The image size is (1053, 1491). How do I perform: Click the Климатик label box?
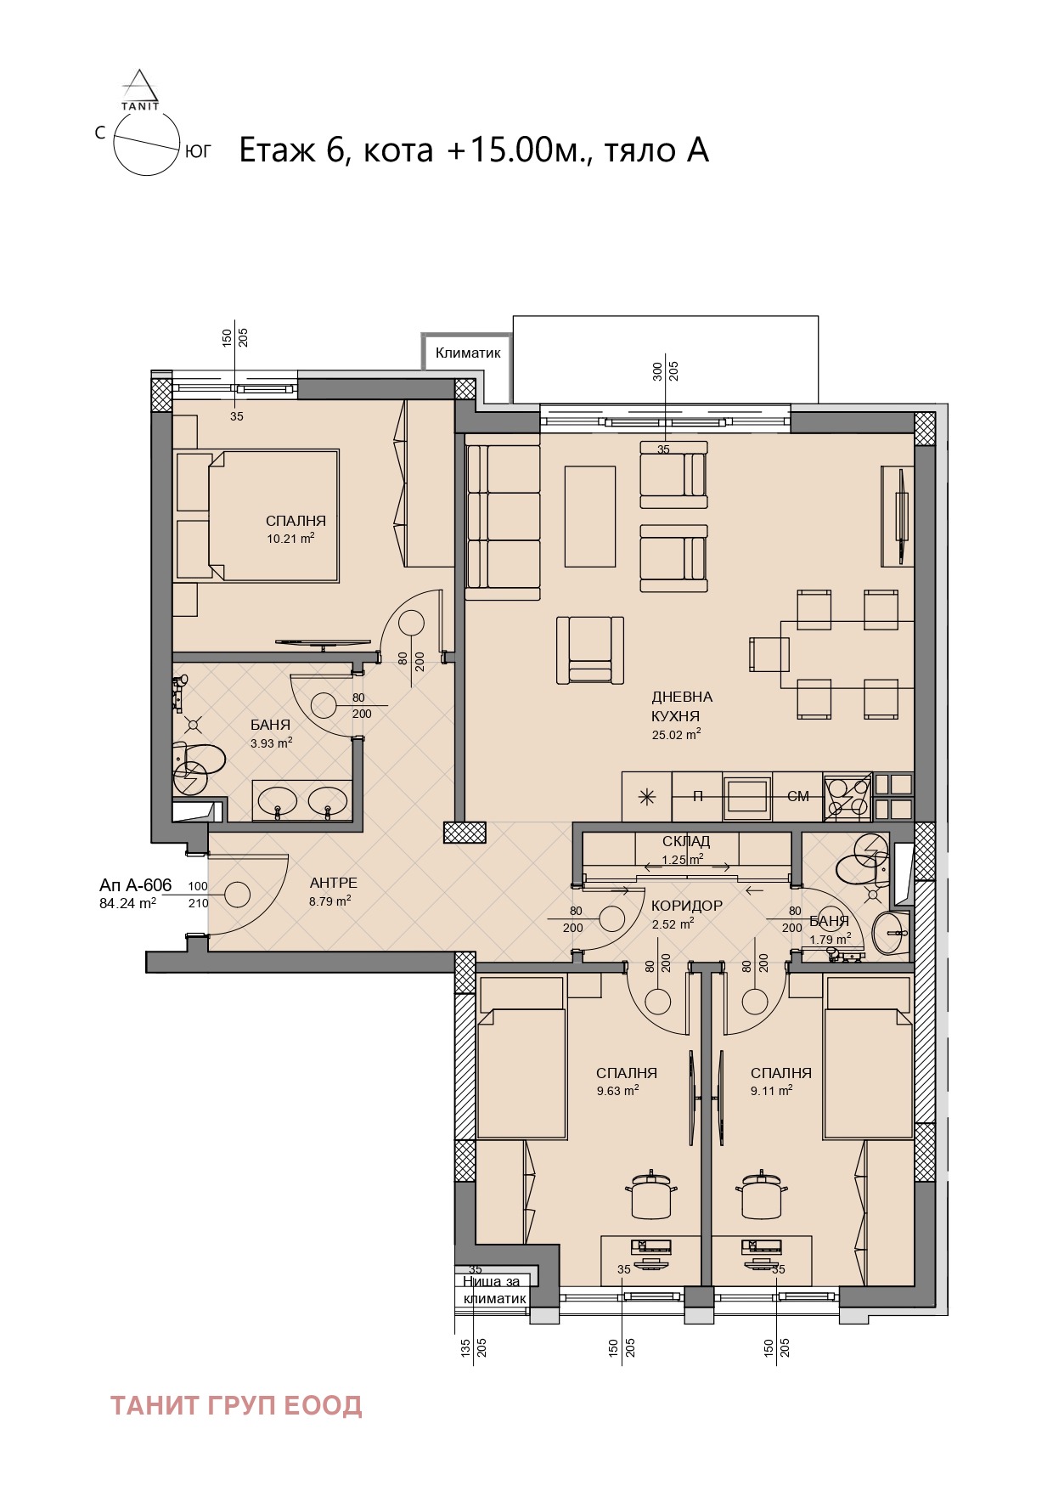click(468, 353)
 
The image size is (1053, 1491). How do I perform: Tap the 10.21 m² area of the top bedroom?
click(291, 539)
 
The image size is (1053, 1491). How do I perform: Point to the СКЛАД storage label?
click(686, 841)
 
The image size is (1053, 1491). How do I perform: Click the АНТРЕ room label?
click(334, 884)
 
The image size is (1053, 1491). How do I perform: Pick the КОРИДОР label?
click(687, 906)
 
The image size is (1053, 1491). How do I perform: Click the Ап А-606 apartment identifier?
click(136, 885)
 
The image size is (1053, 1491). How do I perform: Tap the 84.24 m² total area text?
click(127, 904)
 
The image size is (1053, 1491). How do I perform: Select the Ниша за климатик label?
click(494, 1290)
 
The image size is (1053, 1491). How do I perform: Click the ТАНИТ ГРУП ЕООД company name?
click(236, 1406)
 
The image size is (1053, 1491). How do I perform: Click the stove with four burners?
click(847, 796)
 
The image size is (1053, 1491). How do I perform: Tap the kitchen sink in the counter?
click(747, 796)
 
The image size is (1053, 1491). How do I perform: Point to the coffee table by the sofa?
click(590, 516)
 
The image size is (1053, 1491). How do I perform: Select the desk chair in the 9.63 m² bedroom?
click(652, 1194)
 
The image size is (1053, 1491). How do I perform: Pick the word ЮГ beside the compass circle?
click(198, 152)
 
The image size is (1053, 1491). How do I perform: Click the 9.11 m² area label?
click(771, 1091)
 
